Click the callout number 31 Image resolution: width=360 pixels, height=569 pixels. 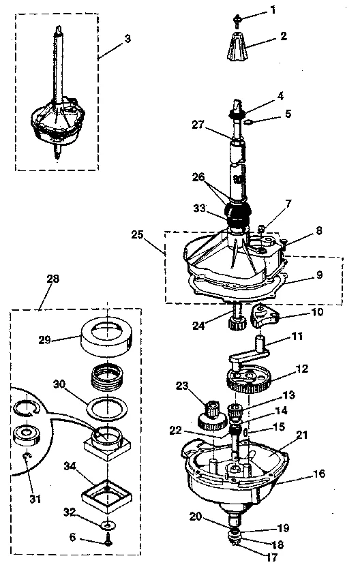(34, 499)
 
